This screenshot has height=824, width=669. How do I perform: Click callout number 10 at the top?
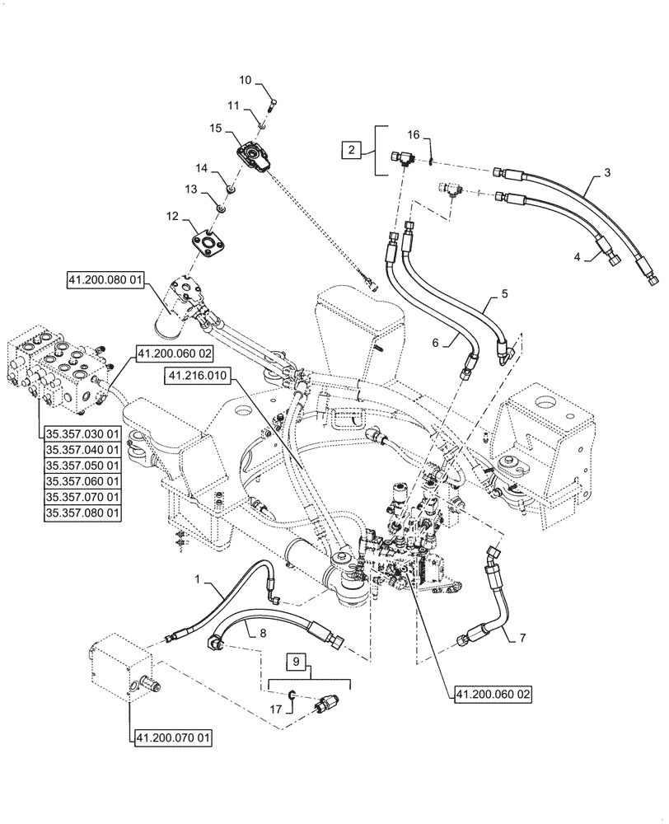(246, 80)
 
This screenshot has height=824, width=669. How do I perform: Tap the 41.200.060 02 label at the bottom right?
(492, 694)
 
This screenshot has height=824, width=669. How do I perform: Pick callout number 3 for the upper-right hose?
(607, 174)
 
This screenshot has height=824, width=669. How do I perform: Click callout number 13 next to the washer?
(191, 190)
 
